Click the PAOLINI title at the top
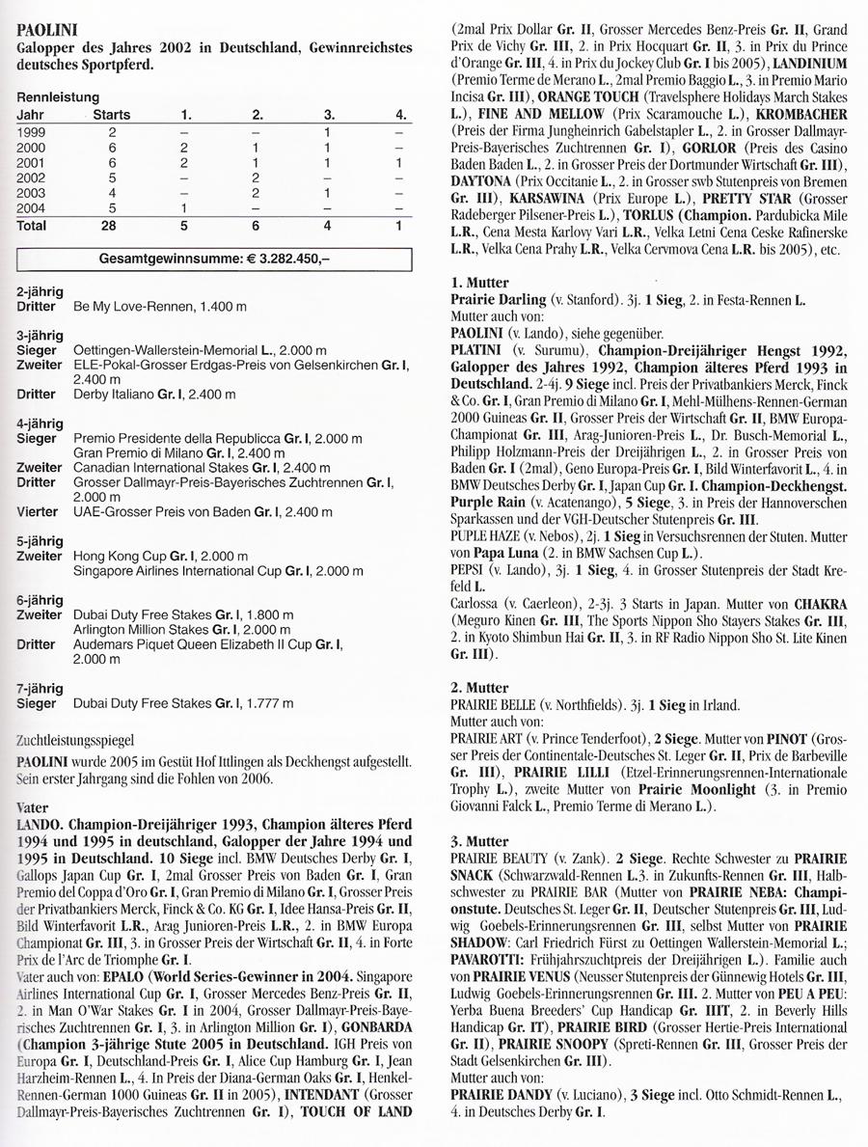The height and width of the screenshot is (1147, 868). pos(45,31)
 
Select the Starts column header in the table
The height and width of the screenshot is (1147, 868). pos(111,115)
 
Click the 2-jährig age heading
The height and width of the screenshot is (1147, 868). pos(40,290)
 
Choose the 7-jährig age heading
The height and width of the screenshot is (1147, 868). pos(40,688)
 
